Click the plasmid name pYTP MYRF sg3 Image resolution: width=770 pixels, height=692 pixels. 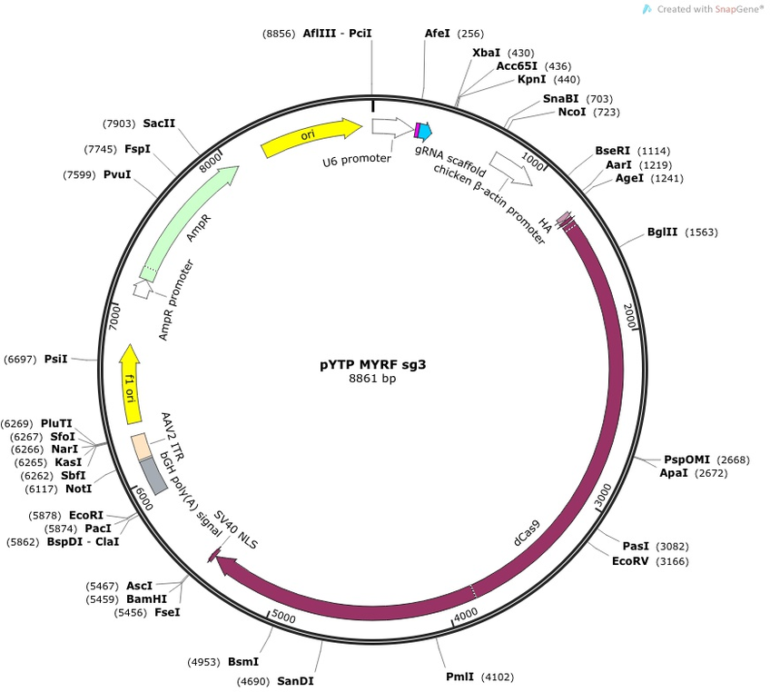pyautogui.click(x=372, y=364)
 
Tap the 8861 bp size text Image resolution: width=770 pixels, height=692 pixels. pyautogui.click(x=372, y=378)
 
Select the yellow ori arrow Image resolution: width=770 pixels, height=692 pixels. pyautogui.click(x=311, y=136)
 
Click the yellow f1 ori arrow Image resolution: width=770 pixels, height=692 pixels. pyautogui.click(x=130, y=383)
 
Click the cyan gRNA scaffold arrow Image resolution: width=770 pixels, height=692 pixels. pyautogui.click(x=425, y=130)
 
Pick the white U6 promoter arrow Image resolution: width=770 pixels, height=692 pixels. pyautogui.click(x=392, y=127)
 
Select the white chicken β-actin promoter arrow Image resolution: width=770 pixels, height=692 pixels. pyautogui.click(x=510, y=168)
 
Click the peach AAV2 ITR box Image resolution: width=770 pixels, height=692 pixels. pyautogui.click(x=140, y=447)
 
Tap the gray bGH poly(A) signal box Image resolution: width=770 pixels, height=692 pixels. pyautogui.click(x=153, y=476)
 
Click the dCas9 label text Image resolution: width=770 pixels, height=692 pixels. pyautogui.click(x=527, y=533)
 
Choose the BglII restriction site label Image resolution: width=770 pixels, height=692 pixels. pyautogui.click(x=662, y=232)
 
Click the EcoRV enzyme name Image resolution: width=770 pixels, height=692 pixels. pyautogui.click(x=630, y=561)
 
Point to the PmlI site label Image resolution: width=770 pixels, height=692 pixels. pyautogui.click(x=459, y=677)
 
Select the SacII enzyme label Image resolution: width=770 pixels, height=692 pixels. pyautogui.click(x=159, y=124)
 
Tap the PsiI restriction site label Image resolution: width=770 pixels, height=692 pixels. pyautogui.click(x=56, y=359)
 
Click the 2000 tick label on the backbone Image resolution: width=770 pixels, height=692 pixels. pyautogui.click(x=629, y=316)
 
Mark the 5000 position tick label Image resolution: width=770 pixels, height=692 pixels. pyautogui.click(x=284, y=617)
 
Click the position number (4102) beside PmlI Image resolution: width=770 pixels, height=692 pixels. pyautogui.click(x=497, y=677)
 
